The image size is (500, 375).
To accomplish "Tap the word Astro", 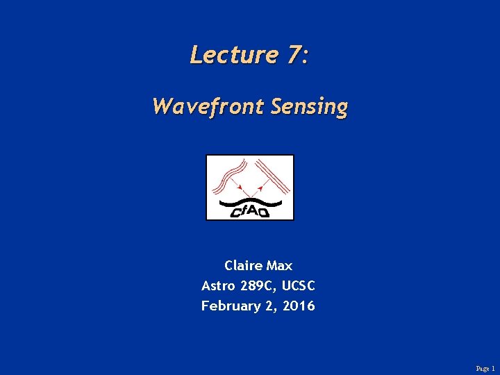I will pyautogui.click(x=218, y=285).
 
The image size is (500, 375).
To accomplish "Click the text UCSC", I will pyautogui.click(x=300, y=285).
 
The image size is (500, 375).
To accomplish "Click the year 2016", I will pyautogui.click(x=299, y=306).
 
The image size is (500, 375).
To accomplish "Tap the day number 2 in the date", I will pyautogui.click(x=269, y=306).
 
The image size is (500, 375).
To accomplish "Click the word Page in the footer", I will pyautogui.click(x=482, y=369).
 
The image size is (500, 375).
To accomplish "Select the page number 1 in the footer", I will pyautogui.click(x=493, y=369).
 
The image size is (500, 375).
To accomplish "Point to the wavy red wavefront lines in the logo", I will pyautogui.click(x=228, y=174).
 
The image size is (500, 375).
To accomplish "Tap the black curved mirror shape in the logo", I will pyautogui.click(x=250, y=203).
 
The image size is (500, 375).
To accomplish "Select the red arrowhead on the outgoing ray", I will pyautogui.click(x=262, y=186).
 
